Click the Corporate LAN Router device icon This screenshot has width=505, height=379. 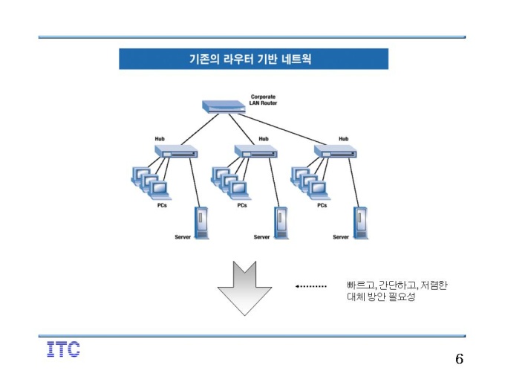pyautogui.click(x=224, y=107)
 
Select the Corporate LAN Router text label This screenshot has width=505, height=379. pyautogui.click(x=263, y=100)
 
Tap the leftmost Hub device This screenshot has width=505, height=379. pyautogui.click(x=176, y=151)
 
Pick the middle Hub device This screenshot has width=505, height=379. pyautogui.click(x=255, y=151)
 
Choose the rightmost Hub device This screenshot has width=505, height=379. pyautogui.click(x=335, y=151)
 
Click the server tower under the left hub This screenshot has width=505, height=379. pyautogui.click(x=201, y=223)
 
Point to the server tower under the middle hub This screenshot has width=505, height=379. pyautogui.click(x=281, y=223)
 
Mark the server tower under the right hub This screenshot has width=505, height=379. pyautogui.click(x=360, y=223)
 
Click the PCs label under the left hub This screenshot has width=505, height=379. pyautogui.click(x=162, y=205)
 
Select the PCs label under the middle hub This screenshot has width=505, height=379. pyautogui.click(x=242, y=205)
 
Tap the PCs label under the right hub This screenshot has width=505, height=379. pyautogui.click(x=322, y=205)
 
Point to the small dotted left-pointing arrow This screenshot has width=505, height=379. pyautogui.click(x=310, y=286)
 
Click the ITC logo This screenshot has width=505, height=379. pyautogui.click(x=63, y=349)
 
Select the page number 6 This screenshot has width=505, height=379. pyautogui.click(x=460, y=359)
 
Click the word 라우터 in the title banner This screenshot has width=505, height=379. pyautogui.click(x=238, y=59)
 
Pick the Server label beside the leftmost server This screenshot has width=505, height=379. pyautogui.click(x=183, y=237)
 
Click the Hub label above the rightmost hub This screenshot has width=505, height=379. pyautogui.click(x=343, y=138)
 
